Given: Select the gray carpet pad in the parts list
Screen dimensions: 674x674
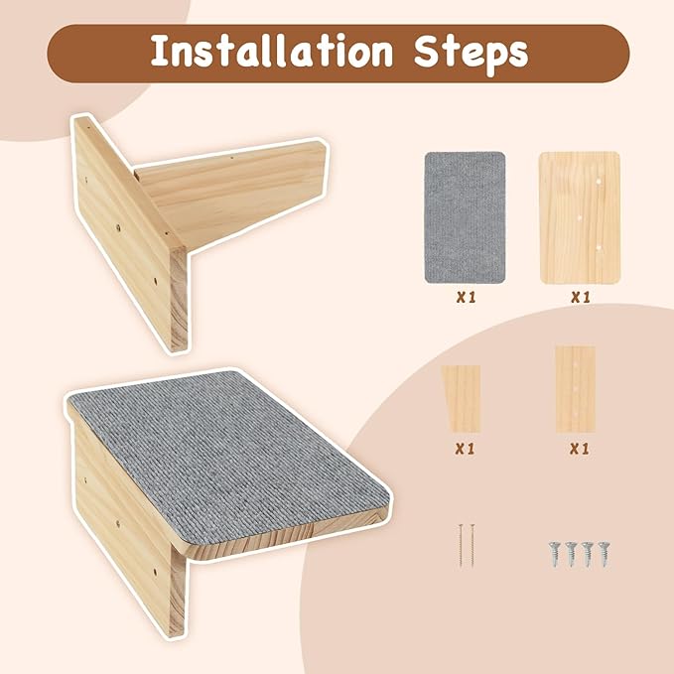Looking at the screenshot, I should click(x=465, y=216).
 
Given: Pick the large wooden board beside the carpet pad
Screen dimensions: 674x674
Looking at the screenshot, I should click(x=579, y=216).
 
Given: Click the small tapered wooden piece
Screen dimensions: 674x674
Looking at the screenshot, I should click(x=463, y=399).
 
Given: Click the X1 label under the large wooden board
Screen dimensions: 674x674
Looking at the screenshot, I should click(x=580, y=297).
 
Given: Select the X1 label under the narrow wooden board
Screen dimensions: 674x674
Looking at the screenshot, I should click(x=580, y=449).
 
